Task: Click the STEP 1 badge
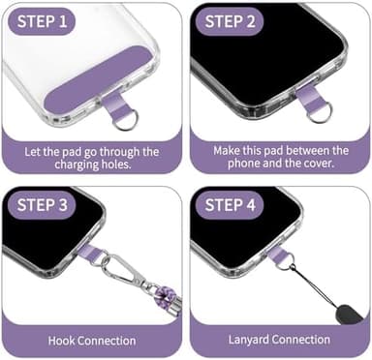(x=42, y=21)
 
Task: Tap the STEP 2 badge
(x=232, y=21)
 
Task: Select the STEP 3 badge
(x=44, y=204)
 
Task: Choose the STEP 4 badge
(x=232, y=204)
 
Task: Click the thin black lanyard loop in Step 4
(x=308, y=285)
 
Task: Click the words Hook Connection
(x=91, y=341)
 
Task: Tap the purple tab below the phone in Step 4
(x=279, y=256)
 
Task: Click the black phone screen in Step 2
(x=262, y=48)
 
